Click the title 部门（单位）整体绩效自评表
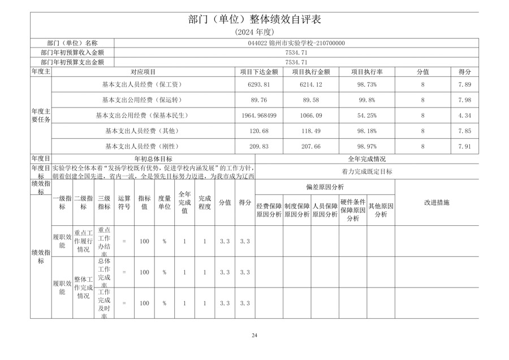254,19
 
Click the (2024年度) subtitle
254,33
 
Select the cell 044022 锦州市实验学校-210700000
296,43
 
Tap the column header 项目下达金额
258,72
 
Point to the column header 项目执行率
366,72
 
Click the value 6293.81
258,84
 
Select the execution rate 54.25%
366,115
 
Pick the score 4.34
464,115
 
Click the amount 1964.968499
258,115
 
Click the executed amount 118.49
311,131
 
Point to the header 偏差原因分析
325,187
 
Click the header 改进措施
436,202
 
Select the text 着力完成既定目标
366,172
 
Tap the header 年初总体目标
153,159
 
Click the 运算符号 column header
124,203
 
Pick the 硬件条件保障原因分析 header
353,208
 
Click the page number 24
255,336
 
